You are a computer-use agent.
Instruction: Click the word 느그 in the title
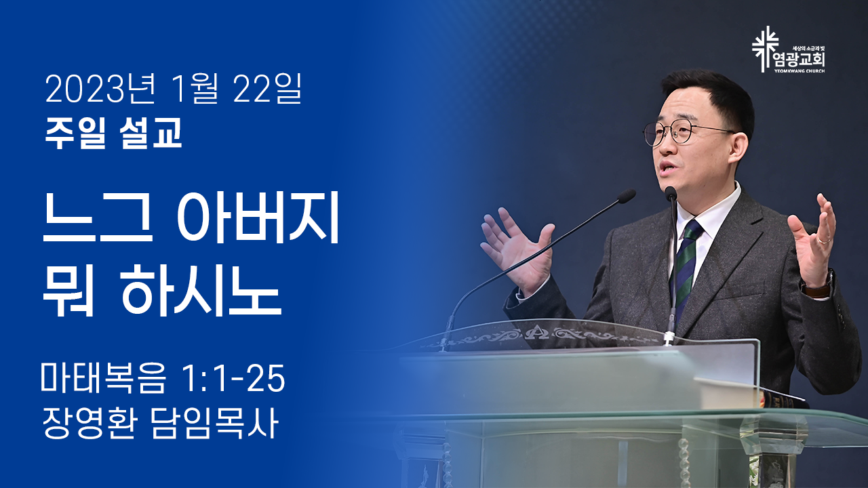click(x=98, y=219)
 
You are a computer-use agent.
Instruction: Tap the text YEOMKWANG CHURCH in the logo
click(x=800, y=71)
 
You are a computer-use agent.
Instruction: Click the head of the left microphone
click(x=626, y=197)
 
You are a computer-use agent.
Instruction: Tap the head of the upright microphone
click(x=671, y=193)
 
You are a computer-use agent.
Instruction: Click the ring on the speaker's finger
click(x=824, y=241)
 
